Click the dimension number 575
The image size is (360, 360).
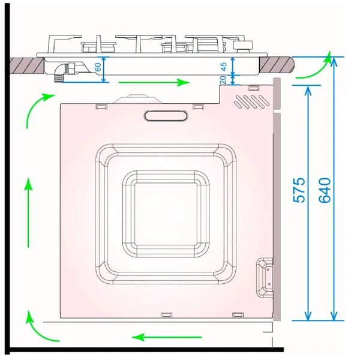pos(299,190)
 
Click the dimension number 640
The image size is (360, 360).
pos(325,190)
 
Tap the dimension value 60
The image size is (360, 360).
pos(98,67)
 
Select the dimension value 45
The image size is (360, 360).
pos(223,67)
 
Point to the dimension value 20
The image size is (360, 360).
pos(223,80)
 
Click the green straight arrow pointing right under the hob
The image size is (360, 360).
pos(154,82)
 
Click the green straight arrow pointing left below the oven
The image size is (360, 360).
pos(167,337)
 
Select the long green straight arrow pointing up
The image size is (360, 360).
pos(28,212)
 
